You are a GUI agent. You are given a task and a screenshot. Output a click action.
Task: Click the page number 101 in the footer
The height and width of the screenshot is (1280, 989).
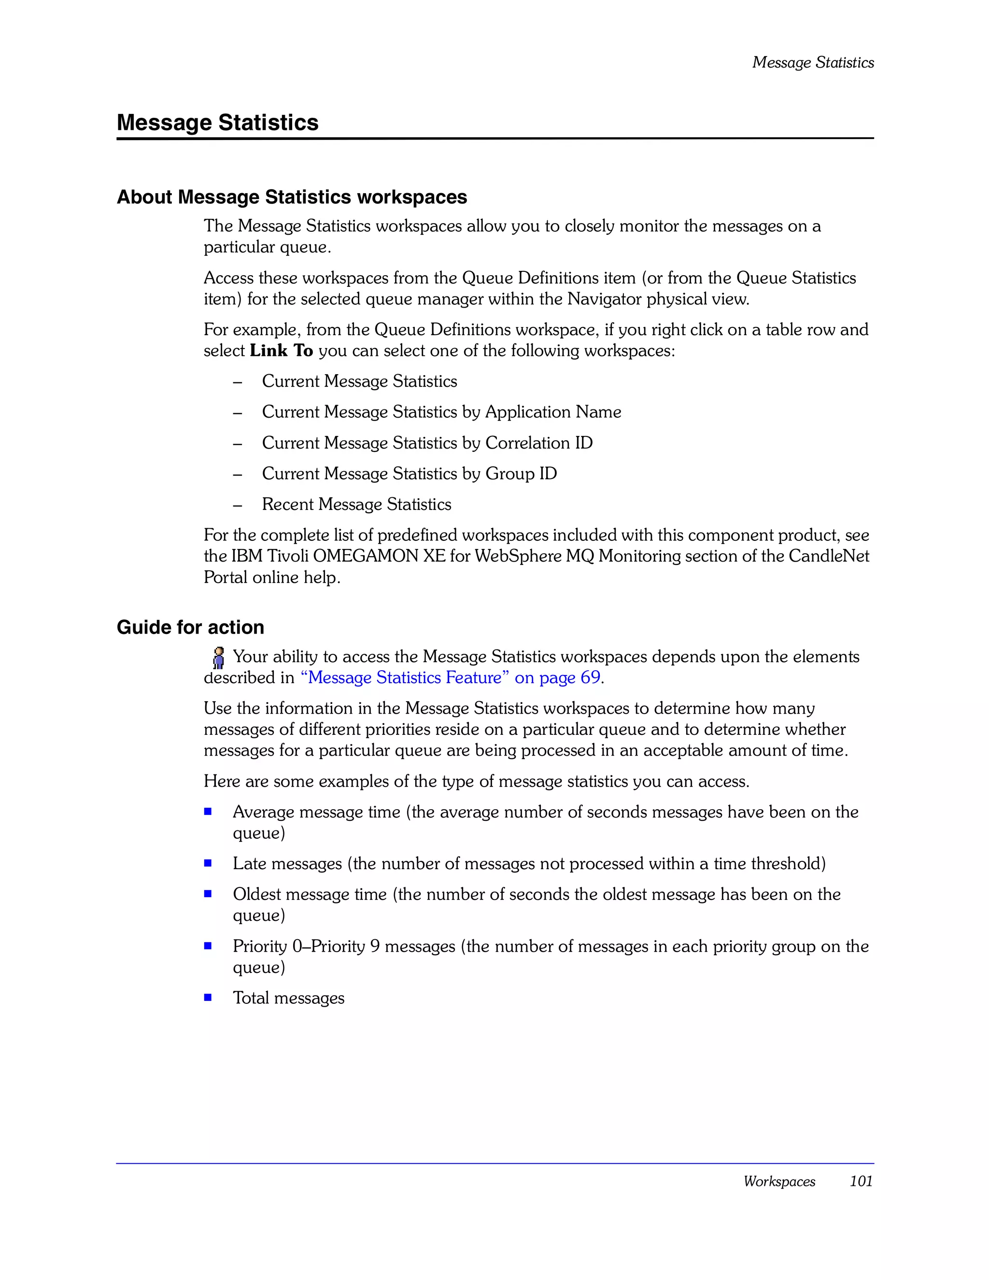pyautogui.click(x=861, y=1181)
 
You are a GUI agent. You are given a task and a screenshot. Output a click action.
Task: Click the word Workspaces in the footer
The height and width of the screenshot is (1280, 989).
pyautogui.click(x=778, y=1181)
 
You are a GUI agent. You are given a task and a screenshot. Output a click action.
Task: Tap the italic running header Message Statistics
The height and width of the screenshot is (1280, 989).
pyautogui.click(x=813, y=62)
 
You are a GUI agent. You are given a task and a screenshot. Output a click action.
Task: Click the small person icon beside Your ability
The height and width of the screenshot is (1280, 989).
pyautogui.click(x=218, y=658)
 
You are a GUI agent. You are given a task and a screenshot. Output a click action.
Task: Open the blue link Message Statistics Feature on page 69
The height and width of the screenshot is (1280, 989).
pyautogui.click(x=450, y=677)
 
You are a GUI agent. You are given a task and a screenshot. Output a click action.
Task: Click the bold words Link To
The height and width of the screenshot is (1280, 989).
pyautogui.click(x=282, y=351)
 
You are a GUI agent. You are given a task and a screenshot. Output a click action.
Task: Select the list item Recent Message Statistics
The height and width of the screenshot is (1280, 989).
pyautogui.click(x=356, y=504)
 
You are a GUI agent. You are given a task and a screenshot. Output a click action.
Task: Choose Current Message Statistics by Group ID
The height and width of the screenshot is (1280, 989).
pyautogui.click(x=409, y=474)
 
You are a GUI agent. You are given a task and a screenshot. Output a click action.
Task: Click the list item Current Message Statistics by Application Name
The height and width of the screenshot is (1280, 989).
pyautogui.click(x=441, y=412)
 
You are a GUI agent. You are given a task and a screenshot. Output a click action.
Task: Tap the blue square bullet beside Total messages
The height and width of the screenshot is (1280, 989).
pyautogui.click(x=208, y=998)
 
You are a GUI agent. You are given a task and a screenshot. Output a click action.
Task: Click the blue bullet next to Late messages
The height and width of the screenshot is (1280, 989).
pyautogui.click(x=208, y=863)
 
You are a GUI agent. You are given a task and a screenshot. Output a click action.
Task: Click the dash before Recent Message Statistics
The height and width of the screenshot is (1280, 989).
pyautogui.click(x=238, y=505)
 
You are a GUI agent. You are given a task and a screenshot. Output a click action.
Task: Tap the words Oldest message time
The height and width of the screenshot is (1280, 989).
pyautogui.click(x=310, y=894)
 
